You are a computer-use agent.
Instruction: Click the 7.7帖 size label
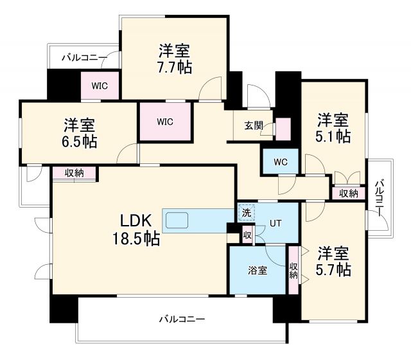point(175,67)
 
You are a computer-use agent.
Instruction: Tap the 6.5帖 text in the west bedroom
point(80,141)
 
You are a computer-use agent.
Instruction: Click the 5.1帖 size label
point(333,136)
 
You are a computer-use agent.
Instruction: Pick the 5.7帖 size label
point(333,269)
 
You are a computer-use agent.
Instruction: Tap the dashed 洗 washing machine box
point(246,211)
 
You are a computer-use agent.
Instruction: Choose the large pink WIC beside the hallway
point(165,121)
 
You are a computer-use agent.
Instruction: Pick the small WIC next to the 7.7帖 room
point(99,85)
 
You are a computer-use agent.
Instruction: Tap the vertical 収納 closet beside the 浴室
point(293,270)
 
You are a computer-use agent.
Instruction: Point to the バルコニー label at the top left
point(83,58)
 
